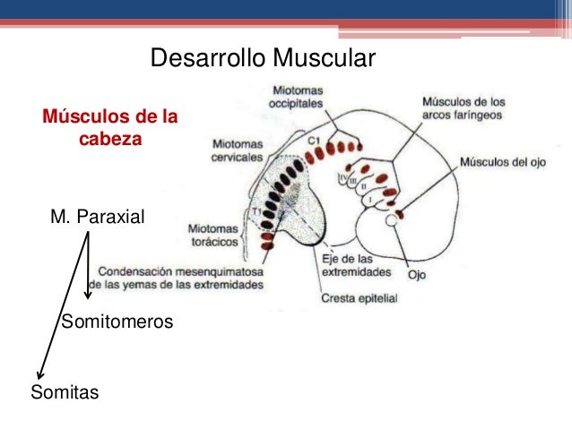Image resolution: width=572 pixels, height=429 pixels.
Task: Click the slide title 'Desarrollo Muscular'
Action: (261, 59)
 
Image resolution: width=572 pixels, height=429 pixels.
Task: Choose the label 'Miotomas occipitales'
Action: (299, 98)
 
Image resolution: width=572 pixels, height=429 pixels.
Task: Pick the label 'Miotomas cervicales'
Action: (238, 150)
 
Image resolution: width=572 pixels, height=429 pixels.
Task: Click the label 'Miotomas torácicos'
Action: (216, 235)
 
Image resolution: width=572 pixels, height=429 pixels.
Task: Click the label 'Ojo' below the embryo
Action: (417, 275)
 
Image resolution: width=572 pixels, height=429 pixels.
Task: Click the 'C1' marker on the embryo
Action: (313, 141)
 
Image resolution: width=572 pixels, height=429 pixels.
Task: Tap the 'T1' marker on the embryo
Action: (257, 211)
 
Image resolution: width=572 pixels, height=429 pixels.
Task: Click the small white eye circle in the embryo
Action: (391, 219)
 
